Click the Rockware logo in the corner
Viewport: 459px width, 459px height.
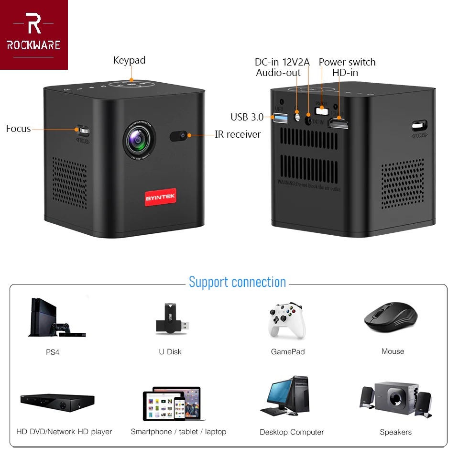(33, 34)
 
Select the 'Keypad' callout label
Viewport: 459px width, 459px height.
(129, 60)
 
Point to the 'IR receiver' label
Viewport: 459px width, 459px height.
(238, 134)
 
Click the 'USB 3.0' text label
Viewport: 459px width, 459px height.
(247, 117)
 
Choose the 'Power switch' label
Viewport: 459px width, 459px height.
(347, 62)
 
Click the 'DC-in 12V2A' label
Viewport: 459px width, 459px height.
(282, 62)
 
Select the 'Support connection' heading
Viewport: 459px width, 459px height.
(237, 282)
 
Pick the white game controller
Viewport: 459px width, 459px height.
(287, 319)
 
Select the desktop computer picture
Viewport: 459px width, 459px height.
(291, 396)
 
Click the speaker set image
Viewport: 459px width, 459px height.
(395, 399)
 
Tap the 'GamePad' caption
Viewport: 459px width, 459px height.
(288, 352)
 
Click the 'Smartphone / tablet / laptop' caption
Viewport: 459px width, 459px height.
(178, 432)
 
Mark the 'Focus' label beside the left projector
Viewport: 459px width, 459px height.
(18, 129)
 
